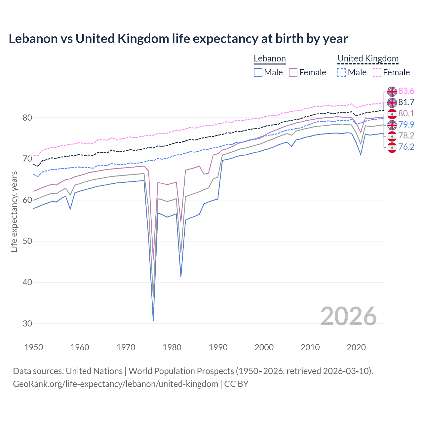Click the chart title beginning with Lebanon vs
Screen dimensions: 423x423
(x=178, y=39)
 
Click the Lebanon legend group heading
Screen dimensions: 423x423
(x=270, y=59)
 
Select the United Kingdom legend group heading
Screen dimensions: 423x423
(x=368, y=59)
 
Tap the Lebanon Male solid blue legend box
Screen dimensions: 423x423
(x=258, y=72)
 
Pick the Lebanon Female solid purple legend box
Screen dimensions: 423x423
(x=293, y=72)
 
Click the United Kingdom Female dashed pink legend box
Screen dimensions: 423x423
(x=377, y=72)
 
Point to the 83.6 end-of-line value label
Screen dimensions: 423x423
(x=406, y=91)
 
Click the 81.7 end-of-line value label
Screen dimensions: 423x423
(x=406, y=102)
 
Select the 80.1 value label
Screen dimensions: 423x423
(x=406, y=114)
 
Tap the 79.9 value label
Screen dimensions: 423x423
(x=406, y=125)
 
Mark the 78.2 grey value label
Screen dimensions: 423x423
(x=406, y=135)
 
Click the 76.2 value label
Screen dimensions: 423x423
(x=406, y=147)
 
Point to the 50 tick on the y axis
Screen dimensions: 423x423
(x=27, y=241)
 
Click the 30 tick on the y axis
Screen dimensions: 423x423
(x=27, y=324)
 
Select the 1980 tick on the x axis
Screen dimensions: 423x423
(x=172, y=347)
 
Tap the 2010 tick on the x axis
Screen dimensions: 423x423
(x=310, y=347)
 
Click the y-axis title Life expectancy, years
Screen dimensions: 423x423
(x=14, y=211)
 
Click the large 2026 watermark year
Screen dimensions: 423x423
(x=348, y=316)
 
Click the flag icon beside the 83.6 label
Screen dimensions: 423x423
(x=392, y=92)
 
